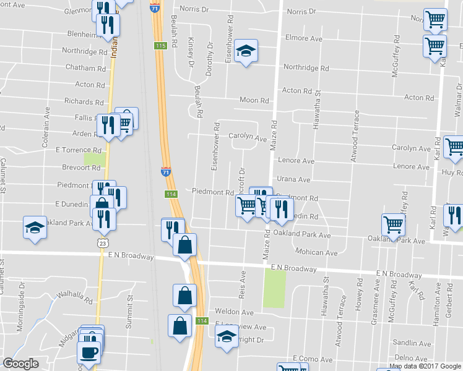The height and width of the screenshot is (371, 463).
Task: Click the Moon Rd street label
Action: click(x=254, y=100)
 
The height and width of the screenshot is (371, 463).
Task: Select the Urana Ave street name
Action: click(x=296, y=180)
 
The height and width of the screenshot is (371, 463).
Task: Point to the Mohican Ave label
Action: click(x=316, y=253)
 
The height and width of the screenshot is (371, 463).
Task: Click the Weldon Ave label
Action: click(x=235, y=312)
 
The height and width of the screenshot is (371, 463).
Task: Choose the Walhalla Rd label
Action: click(x=79, y=300)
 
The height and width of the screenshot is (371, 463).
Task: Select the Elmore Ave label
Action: click(x=304, y=38)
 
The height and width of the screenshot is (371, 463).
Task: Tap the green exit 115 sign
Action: click(x=161, y=46)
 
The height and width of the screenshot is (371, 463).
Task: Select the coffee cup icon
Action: click(x=88, y=353)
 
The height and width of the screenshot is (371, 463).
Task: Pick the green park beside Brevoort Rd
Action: click(x=95, y=160)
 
